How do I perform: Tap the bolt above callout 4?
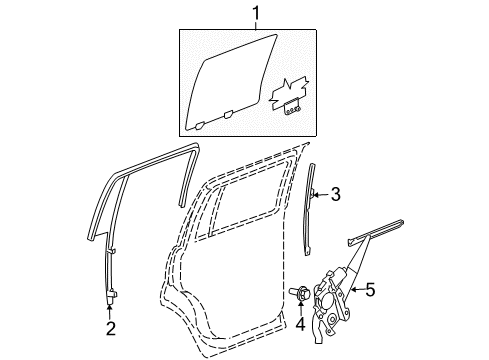coord(301,293)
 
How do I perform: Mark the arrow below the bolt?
coord(301,307)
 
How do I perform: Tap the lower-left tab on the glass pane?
coord(201,126)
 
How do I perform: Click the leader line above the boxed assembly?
coord(254,24)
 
